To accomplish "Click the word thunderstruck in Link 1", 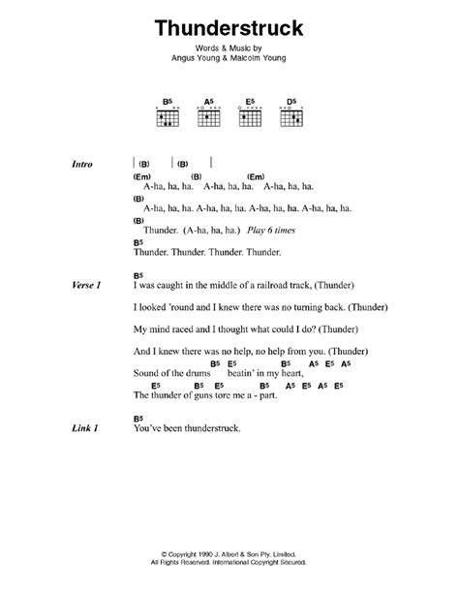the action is tap(198, 428).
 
